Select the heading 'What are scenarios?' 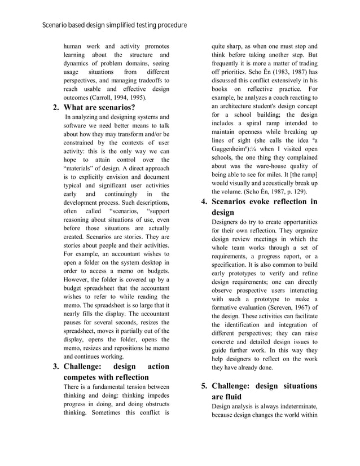(x=99, y=107)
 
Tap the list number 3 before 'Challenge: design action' (x=56, y=366)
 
